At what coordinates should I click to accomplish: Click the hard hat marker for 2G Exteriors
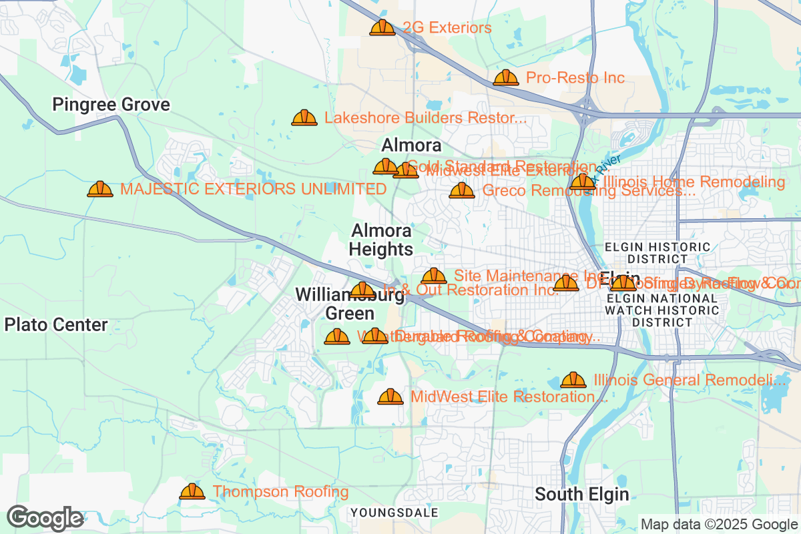click(382, 27)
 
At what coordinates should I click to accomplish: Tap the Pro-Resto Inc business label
click(575, 78)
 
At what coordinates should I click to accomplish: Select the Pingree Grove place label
click(111, 105)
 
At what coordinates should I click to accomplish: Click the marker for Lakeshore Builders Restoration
click(304, 118)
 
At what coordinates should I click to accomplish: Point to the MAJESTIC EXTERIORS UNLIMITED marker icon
click(100, 190)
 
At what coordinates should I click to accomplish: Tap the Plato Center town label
click(56, 325)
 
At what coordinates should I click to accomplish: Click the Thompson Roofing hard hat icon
click(192, 492)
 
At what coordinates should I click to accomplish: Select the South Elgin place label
click(582, 495)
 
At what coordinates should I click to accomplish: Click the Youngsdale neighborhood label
click(394, 513)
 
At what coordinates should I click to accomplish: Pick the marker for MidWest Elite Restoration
click(390, 397)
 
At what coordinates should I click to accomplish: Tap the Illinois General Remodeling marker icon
click(573, 380)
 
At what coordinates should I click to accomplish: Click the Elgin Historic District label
click(657, 252)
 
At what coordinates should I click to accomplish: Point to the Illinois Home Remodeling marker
click(583, 182)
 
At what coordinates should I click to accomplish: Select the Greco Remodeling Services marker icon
click(461, 191)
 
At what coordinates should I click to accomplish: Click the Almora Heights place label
click(381, 240)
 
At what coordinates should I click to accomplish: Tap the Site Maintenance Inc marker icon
click(434, 276)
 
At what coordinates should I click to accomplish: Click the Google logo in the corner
click(45, 518)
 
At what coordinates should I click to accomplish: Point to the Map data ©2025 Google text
click(719, 524)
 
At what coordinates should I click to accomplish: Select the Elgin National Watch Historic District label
click(661, 310)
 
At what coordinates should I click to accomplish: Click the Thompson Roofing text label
click(280, 492)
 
